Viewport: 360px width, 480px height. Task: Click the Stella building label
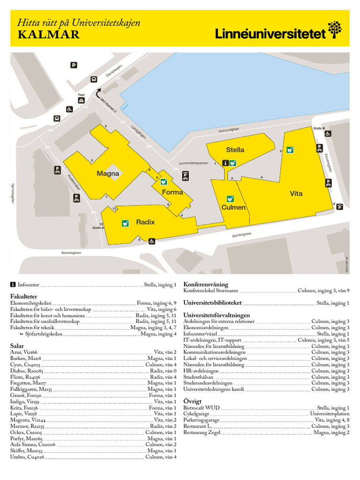pos(235,150)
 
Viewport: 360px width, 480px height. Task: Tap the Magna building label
pos(108,173)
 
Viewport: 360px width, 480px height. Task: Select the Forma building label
pos(172,192)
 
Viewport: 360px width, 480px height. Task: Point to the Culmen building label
pos(233,207)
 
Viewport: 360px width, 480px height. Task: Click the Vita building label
pos(296,193)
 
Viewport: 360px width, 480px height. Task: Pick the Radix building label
pos(145,222)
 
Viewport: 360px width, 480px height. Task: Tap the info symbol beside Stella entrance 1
pos(225,163)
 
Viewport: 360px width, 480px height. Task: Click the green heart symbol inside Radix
pos(125,224)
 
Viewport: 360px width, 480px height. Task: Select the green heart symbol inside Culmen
pos(230,199)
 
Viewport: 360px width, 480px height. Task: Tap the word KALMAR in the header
pos(49,35)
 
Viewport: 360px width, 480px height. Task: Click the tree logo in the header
pos(335,29)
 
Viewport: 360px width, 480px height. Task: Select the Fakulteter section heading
pos(24,297)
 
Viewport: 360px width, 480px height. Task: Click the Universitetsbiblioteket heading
pos(212,303)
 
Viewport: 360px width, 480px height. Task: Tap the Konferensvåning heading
pos(206,284)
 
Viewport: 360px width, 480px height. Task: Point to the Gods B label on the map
pos(319,128)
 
